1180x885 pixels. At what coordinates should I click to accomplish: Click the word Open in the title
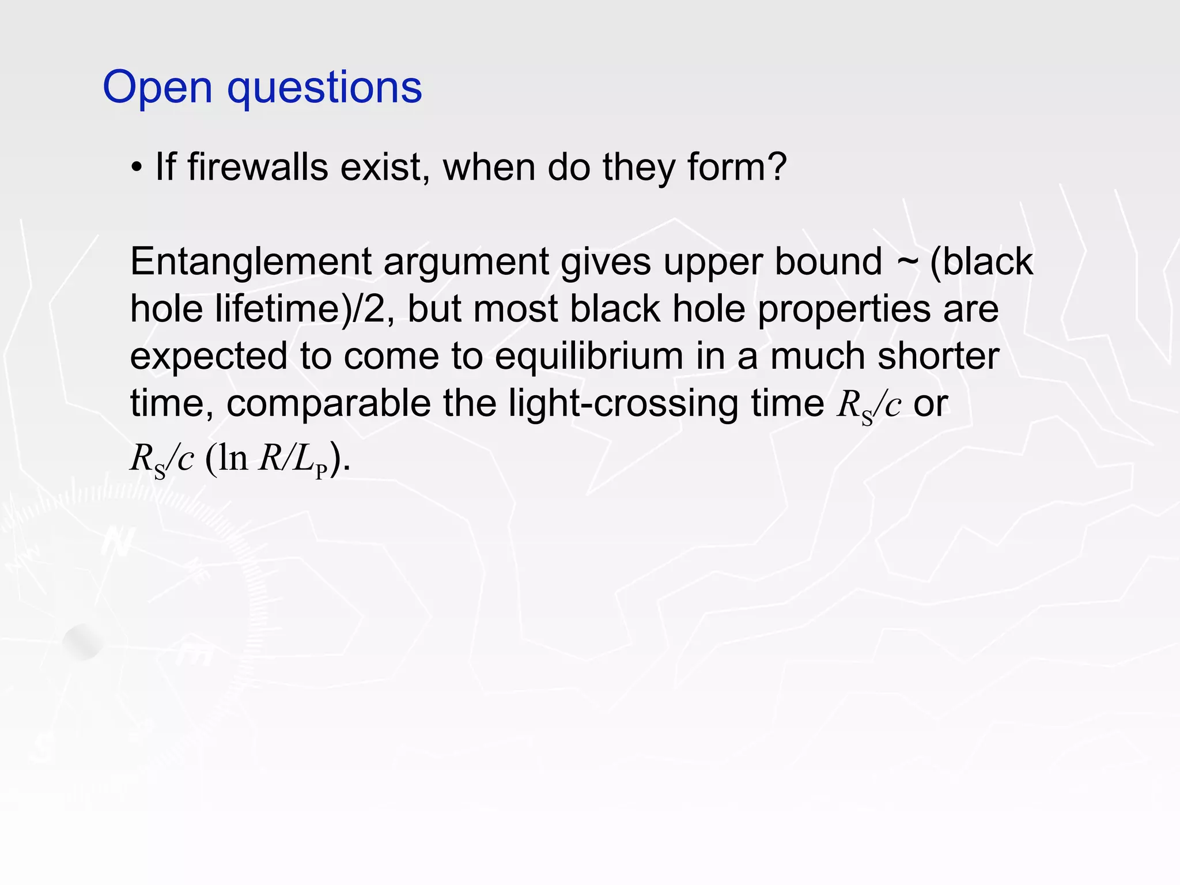click(157, 88)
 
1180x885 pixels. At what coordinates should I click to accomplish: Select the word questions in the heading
click(325, 88)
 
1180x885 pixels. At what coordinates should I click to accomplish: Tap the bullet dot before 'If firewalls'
click(136, 168)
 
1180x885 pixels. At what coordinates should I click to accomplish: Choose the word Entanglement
click(251, 262)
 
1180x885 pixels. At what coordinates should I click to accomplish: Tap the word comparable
click(328, 404)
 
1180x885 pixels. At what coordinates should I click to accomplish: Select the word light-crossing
click(623, 404)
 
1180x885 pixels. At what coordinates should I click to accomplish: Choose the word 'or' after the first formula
click(931, 404)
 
